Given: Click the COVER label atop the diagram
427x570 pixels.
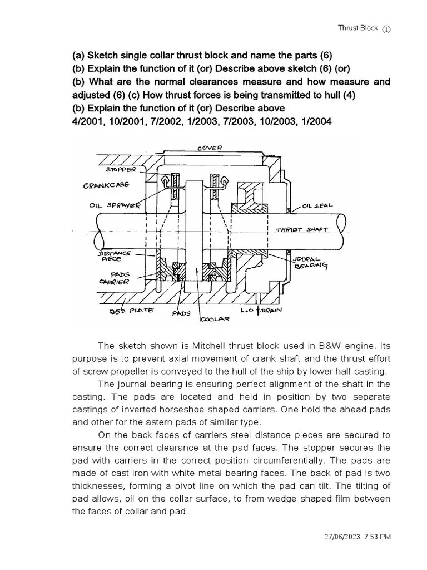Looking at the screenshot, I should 209,148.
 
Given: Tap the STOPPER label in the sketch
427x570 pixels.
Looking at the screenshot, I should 120,169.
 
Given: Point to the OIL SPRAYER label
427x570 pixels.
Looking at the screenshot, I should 115,204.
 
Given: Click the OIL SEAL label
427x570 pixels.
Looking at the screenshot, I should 317,205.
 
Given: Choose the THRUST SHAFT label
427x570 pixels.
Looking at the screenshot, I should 302,229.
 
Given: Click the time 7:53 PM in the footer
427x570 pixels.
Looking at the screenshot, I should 378,537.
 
